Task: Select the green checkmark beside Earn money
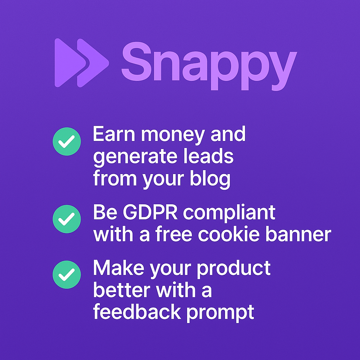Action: click(x=67, y=141)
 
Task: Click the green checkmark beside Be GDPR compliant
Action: click(x=67, y=219)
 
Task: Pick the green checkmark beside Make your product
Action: click(x=67, y=275)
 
